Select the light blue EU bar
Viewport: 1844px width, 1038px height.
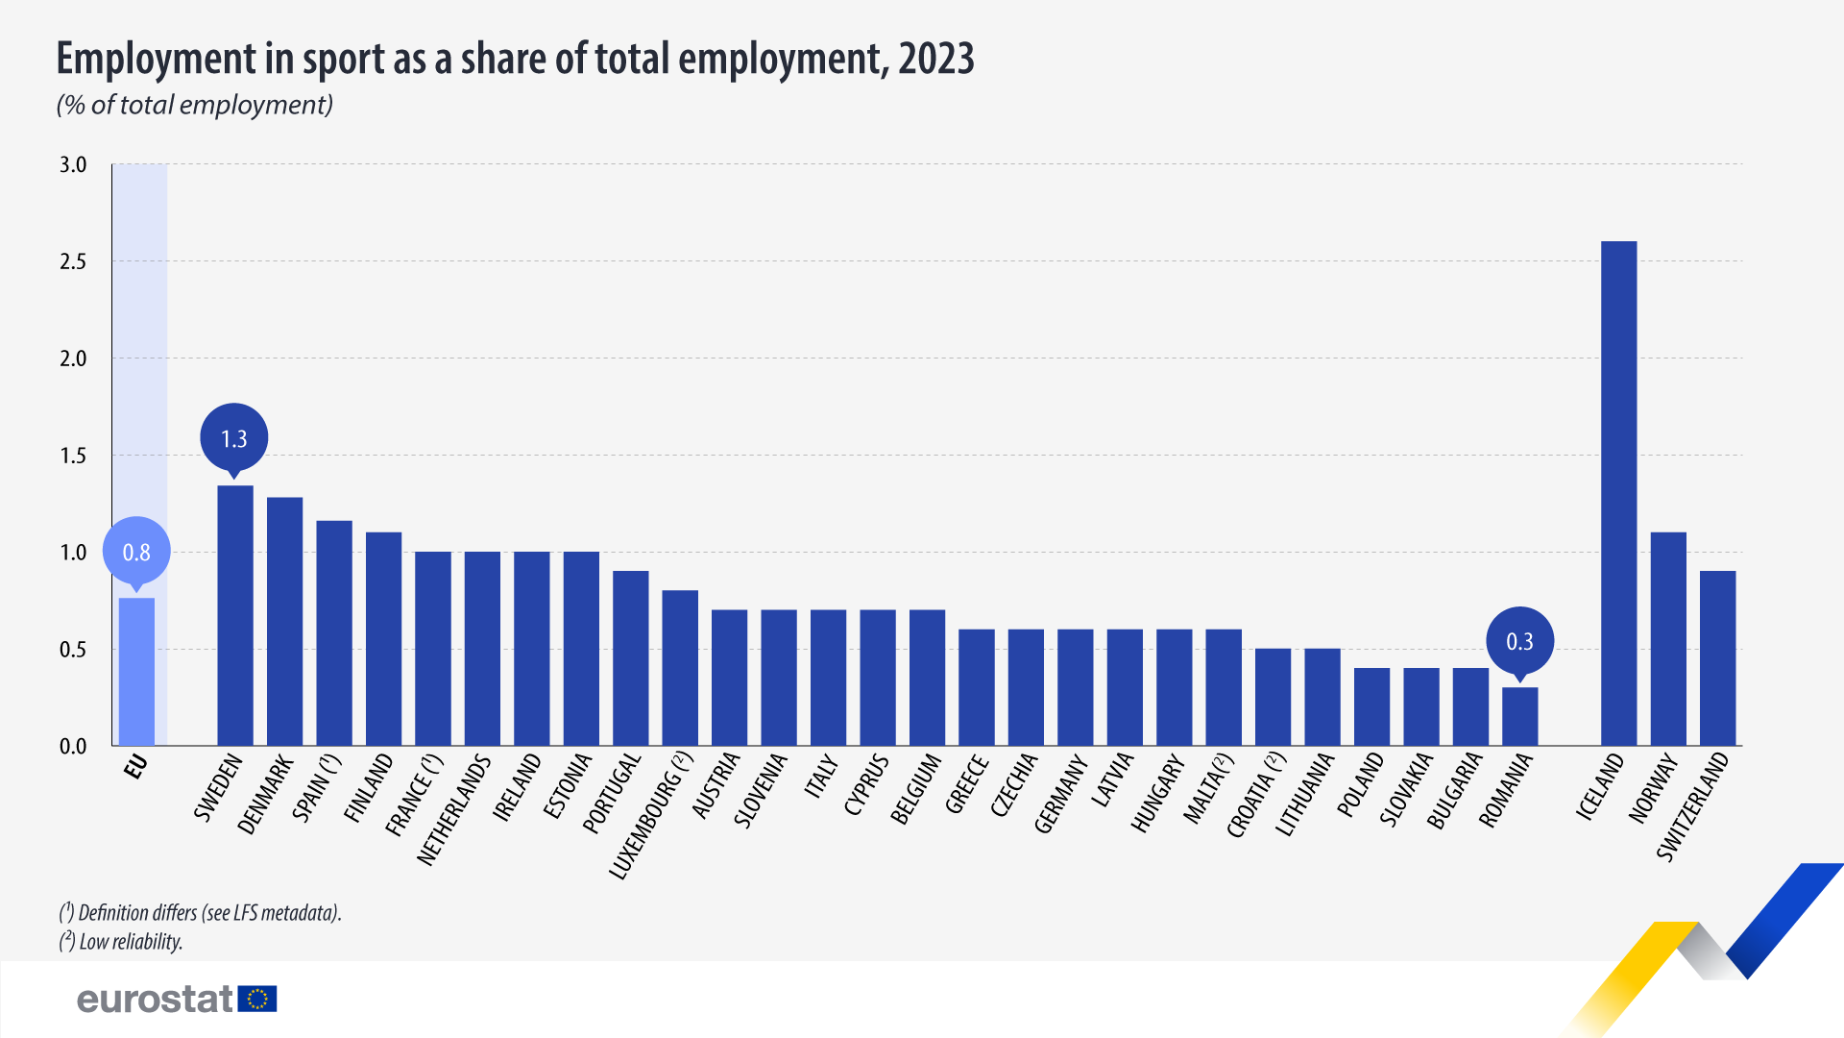pyautogui.click(x=136, y=672)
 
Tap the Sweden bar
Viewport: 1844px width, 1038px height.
pyautogui.click(x=235, y=615)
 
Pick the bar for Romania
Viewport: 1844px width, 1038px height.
pyautogui.click(x=1519, y=716)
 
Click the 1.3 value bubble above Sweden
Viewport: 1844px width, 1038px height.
pyautogui.click(x=234, y=438)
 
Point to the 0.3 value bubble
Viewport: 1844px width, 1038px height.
pyautogui.click(x=1519, y=641)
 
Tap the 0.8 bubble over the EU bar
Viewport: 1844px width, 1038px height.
pyautogui.click(x=136, y=552)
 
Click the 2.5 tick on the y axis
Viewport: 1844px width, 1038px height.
pyautogui.click(x=73, y=261)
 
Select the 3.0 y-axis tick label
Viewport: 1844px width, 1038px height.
pyautogui.click(x=73, y=164)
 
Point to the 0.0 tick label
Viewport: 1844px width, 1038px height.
pyautogui.click(x=73, y=747)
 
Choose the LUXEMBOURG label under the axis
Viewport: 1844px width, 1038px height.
pyautogui.click(x=649, y=817)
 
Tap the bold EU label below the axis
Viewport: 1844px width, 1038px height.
pyautogui.click(x=135, y=767)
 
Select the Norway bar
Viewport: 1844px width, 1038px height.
pyautogui.click(x=1668, y=639)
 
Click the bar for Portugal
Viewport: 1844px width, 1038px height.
pyautogui.click(x=631, y=658)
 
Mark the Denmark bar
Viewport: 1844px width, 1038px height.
pyautogui.click(x=284, y=621)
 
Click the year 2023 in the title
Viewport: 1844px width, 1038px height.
pyautogui.click(x=935, y=59)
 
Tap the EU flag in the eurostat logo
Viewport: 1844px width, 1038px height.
pyautogui.click(x=257, y=1000)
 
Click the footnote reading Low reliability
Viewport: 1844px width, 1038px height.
pyautogui.click(x=121, y=942)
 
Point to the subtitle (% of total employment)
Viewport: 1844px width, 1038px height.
pyautogui.click(x=195, y=105)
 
